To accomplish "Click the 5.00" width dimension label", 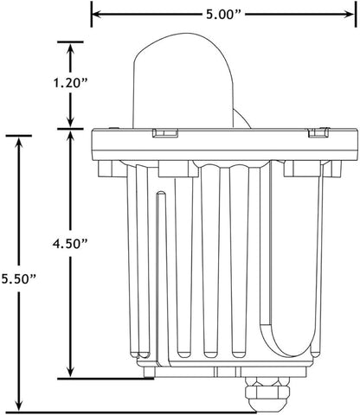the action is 223,14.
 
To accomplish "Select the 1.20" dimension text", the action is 70,83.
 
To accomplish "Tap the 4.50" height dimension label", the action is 70,244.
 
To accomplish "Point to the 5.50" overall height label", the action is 19,278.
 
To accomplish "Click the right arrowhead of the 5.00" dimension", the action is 348,14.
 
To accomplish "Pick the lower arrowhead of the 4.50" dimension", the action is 70,371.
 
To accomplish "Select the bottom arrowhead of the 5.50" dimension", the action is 19,405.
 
